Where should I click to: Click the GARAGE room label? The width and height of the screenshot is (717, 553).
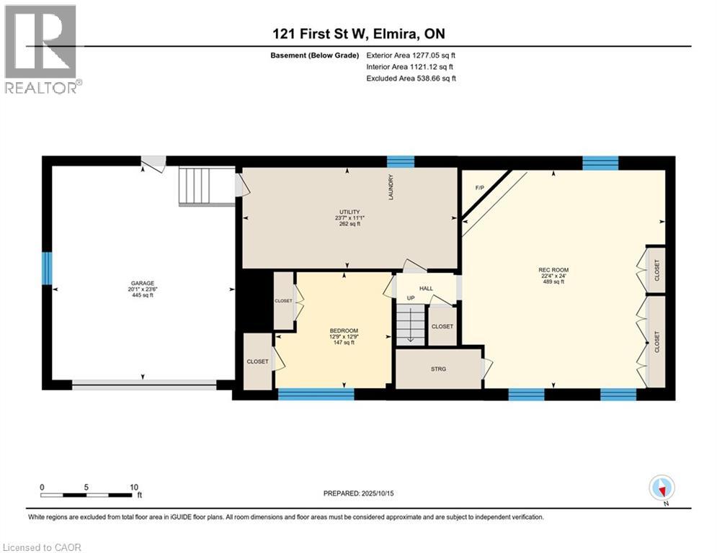[143, 284]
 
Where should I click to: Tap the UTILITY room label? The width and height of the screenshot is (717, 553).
[349, 212]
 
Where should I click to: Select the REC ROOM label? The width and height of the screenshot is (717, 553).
[553, 270]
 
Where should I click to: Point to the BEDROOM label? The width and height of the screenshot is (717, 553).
[344, 331]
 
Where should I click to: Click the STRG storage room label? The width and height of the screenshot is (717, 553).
[438, 369]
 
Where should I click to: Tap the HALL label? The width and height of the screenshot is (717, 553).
[426, 289]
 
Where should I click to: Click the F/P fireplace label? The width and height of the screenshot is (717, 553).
[479, 188]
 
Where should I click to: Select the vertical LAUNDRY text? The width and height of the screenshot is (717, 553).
[391, 187]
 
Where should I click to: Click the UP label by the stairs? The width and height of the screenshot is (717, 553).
[411, 298]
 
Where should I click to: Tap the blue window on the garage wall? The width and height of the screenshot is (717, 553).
[47, 268]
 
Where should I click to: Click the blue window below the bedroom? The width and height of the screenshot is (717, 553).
[316, 394]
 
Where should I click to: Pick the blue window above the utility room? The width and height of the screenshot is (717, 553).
[401, 162]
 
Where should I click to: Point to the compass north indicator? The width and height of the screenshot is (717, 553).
[662, 489]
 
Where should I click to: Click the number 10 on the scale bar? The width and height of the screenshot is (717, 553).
[133, 487]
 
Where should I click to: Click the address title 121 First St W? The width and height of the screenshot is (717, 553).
[320, 34]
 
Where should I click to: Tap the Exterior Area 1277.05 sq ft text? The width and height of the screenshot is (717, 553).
[411, 55]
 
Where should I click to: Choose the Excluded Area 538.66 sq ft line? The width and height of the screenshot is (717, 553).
[411, 78]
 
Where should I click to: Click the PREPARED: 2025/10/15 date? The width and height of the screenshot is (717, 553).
[359, 493]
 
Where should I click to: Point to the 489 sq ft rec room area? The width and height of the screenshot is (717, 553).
[553, 282]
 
